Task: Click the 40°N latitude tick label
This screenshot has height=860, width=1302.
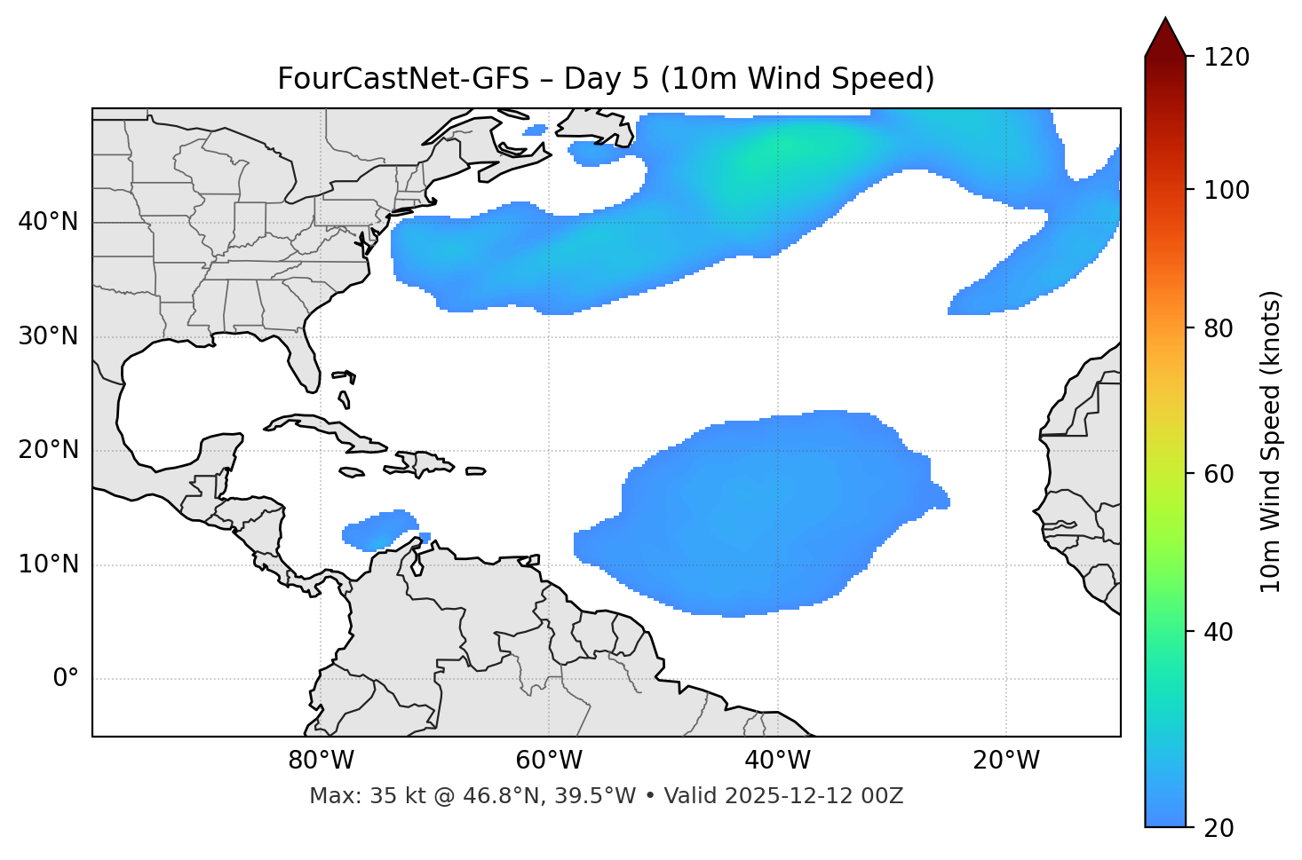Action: (48, 222)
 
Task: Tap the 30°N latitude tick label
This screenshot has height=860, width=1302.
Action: (48, 336)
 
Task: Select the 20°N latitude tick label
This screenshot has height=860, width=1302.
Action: (48, 450)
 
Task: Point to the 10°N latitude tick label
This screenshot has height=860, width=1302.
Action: (48, 564)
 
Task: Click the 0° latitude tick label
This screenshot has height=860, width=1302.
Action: (66, 679)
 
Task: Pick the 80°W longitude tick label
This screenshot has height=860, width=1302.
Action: (321, 761)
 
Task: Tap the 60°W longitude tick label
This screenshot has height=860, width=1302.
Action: (549, 761)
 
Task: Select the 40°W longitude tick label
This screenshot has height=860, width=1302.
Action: (778, 761)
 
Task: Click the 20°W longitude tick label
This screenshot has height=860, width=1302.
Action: (1006, 761)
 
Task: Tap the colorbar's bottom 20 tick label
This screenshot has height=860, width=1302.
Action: (1219, 828)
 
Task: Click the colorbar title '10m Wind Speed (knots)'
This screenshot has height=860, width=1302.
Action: (1271, 441)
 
